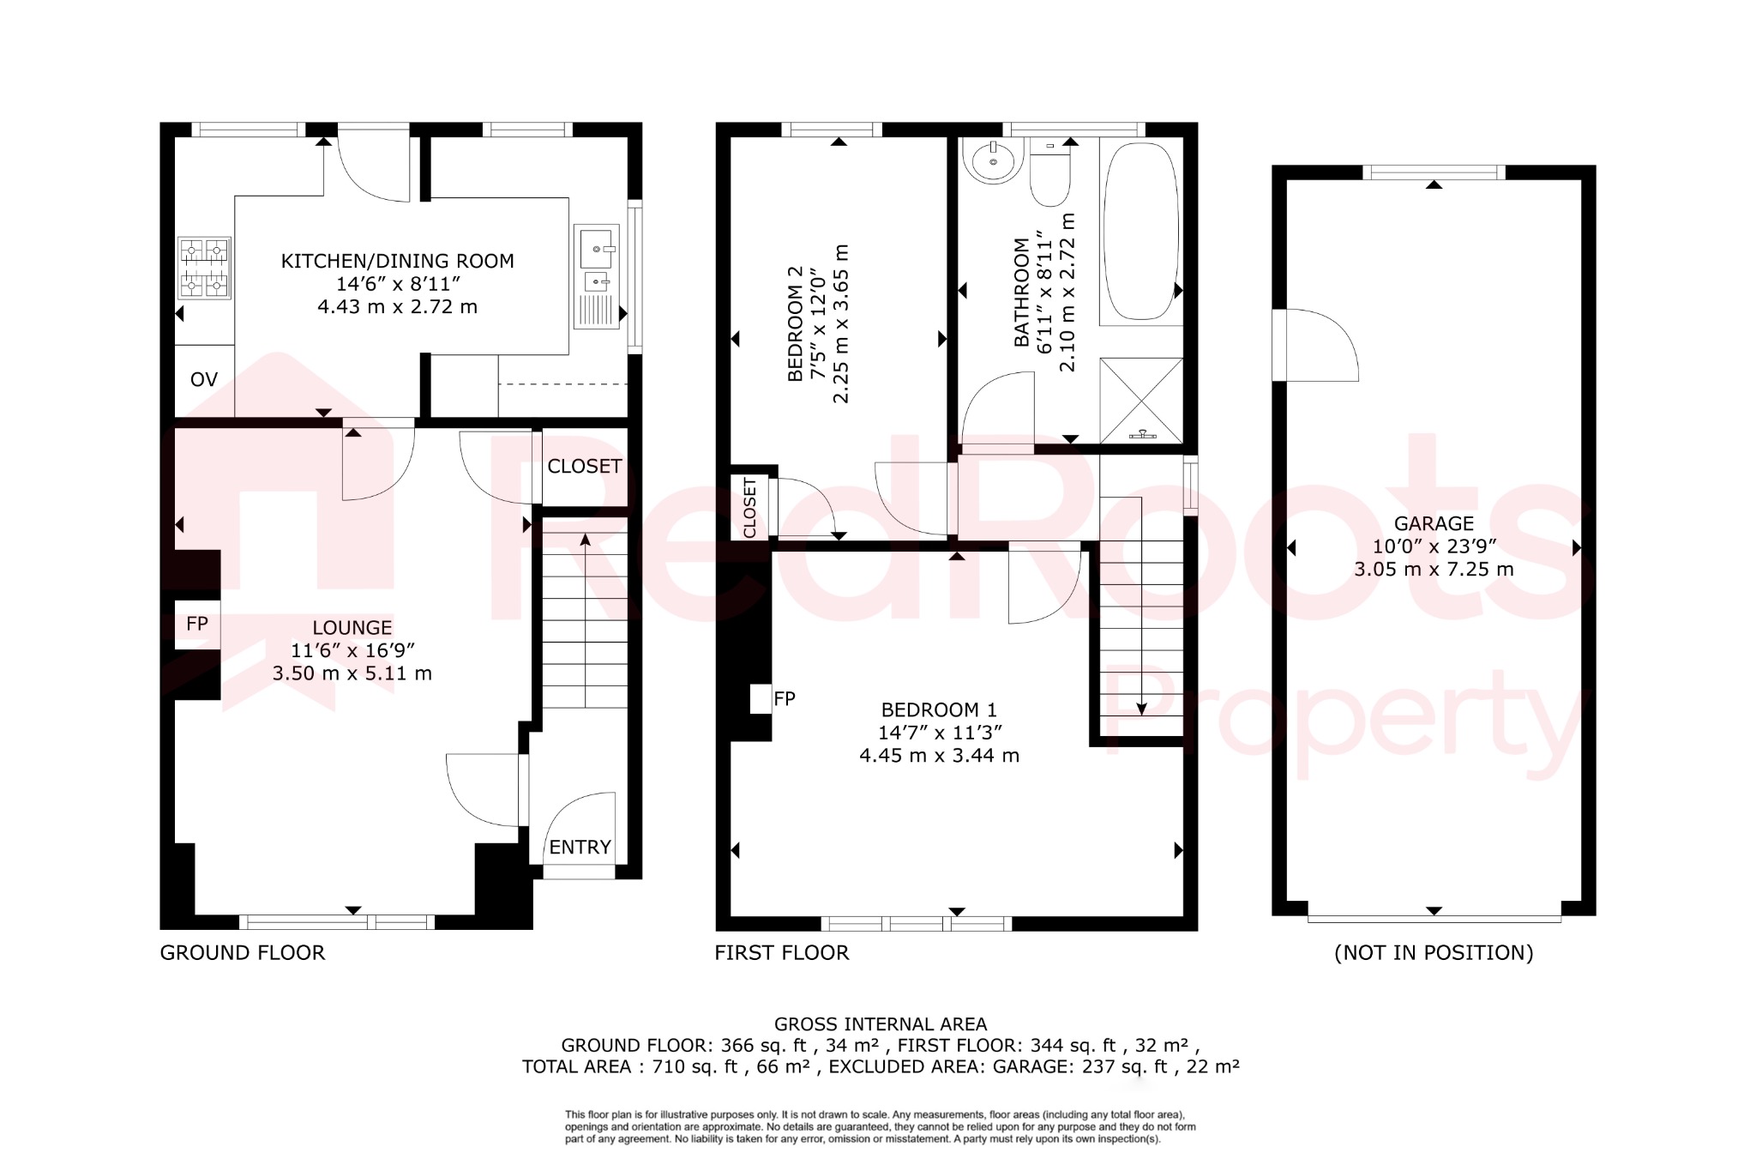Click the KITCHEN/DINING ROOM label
coord(397,262)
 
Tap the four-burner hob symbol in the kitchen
coord(204,268)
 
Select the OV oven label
coord(203,380)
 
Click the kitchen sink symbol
coord(597,276)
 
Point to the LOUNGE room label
coord(352,628)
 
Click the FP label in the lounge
coord(197,624)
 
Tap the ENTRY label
coord(580,848)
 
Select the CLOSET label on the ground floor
coord(584,467)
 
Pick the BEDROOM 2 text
coord(796,323)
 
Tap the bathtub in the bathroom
coord(1140,232)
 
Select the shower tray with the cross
coord(1140,399)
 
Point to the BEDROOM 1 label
coord(939,710)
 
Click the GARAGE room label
coord(1434,524)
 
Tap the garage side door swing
coord(1316,345)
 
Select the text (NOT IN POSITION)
coord(1434,953)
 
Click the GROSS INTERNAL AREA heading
coord(881,1024)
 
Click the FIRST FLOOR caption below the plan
coord(781,953)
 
